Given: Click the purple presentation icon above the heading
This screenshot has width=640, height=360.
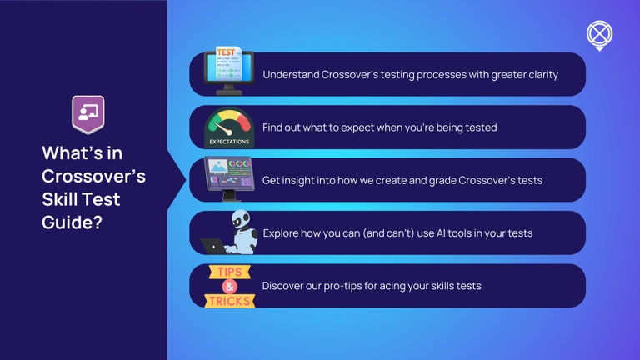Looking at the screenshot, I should pos(87,115).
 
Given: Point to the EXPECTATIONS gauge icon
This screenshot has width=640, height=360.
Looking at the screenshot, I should pos(229,128).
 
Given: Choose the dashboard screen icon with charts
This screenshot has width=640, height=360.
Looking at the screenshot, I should pos(228,178).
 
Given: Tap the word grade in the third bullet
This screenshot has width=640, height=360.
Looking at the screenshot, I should pos(432,180).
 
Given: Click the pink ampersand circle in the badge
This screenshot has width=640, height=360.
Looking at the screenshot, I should pos(231,286).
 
